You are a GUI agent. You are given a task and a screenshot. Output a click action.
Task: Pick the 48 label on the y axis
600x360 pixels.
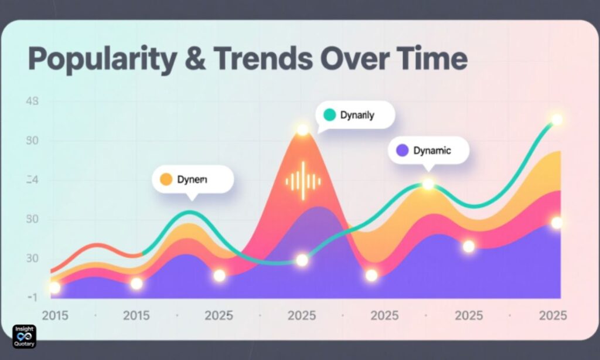click(x=32, y=101)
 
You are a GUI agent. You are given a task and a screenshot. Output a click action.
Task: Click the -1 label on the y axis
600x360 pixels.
click(x=32, y=297)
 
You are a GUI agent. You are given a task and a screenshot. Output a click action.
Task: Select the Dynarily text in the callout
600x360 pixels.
click(x=356, y=116)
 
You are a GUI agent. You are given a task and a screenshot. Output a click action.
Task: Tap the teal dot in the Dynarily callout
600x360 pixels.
click(x=329, y=116)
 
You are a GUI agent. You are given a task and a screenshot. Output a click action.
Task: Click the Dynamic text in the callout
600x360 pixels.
click(x=432, y=151)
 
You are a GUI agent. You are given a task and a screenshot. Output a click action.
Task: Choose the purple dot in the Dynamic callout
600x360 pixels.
click(x=402, y=151)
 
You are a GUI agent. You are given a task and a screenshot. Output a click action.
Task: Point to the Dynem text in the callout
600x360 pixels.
click(x=192, y=180)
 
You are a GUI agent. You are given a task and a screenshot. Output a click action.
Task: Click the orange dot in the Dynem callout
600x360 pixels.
click(x=166, y=180)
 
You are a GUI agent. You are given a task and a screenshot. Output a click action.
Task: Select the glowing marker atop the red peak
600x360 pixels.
click(x=302, y=130)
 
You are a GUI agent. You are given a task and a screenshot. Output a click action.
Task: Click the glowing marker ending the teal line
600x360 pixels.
click(x=556, y=120)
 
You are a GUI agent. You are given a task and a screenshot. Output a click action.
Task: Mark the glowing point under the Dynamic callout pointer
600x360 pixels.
click(x=428, y=184)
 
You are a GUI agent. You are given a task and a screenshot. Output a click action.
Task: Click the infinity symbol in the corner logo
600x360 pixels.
click(x=25, y=337)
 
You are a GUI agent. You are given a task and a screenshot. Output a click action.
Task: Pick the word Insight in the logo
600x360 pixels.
click(x=25, y=329)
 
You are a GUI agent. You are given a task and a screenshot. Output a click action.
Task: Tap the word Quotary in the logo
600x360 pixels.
click(x=25, y=344)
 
